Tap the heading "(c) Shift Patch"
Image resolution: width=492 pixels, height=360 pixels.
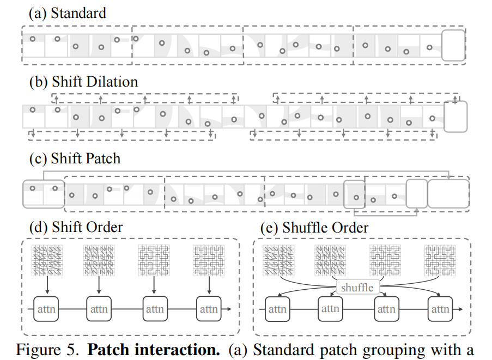[x=75, y=158]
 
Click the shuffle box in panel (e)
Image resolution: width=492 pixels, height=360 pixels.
[x=357, y=287]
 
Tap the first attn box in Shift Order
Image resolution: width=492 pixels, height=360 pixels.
[x=46, y=309]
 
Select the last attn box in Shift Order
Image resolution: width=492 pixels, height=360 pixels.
[x=209, y=309]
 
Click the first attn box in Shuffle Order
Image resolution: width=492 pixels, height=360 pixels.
[x=277, y=309]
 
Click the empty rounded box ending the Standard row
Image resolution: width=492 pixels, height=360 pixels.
[x=453, y=46]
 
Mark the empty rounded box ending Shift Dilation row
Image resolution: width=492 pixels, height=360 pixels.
[x=455, y=116]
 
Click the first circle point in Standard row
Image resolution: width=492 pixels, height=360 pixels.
[x=33, y=39]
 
